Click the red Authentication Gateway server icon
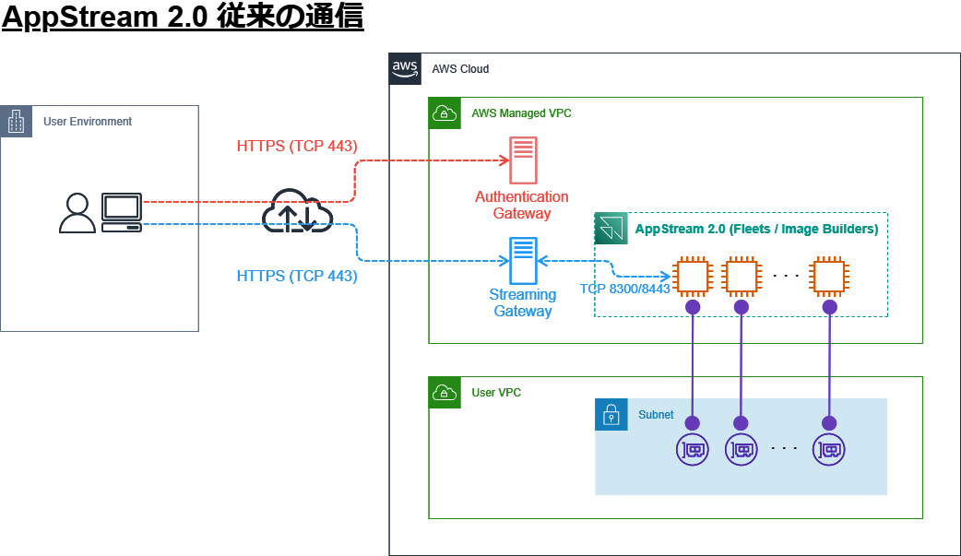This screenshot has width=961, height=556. pos(523,160)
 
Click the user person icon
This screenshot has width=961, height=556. pos(77,213)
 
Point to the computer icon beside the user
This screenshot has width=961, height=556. pos(122,212)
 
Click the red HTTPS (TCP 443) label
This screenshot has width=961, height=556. pos(297,146)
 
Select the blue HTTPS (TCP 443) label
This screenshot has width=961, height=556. pos(297,276)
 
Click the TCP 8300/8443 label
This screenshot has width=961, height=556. pos(624,289)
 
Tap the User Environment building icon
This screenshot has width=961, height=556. pos(17,122)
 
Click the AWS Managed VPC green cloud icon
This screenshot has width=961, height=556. pos(445,112)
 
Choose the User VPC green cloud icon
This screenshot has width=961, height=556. pos(445,392)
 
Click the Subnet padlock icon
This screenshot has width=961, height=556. pos(611,415)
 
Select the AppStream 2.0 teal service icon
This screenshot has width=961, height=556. pos(611,228)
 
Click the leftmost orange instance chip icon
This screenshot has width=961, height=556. pos(693,276)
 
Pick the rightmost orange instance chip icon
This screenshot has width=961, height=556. pos(828,276)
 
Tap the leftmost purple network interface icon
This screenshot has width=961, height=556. pos(693,450)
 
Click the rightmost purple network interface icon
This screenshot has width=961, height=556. pos(828,450)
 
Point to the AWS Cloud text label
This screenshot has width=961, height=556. pos(460,69)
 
